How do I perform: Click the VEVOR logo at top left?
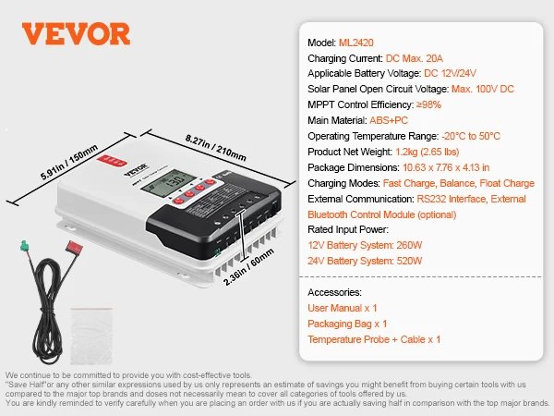click(x=77, y=33)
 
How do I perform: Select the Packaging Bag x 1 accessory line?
click(x=347, y=324)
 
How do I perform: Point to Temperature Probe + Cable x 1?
click(x=374, y=339)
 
